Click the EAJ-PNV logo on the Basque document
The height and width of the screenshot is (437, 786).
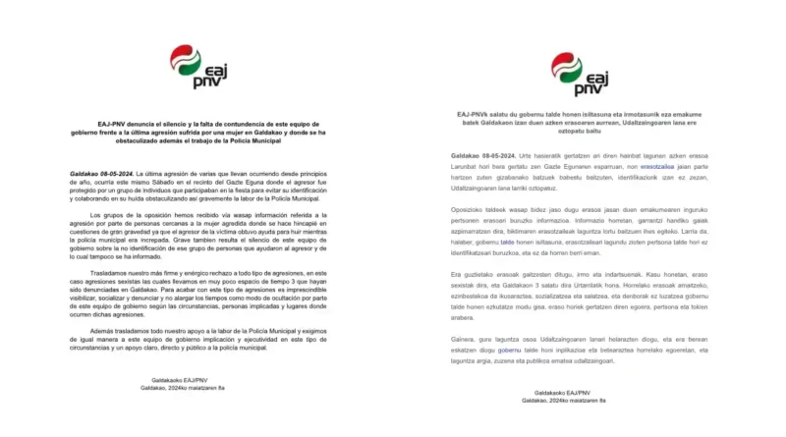(578, 73)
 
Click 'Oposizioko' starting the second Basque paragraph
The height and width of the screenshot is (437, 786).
(473, 209)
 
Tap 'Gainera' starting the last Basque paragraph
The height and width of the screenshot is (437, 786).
(467, 337)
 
